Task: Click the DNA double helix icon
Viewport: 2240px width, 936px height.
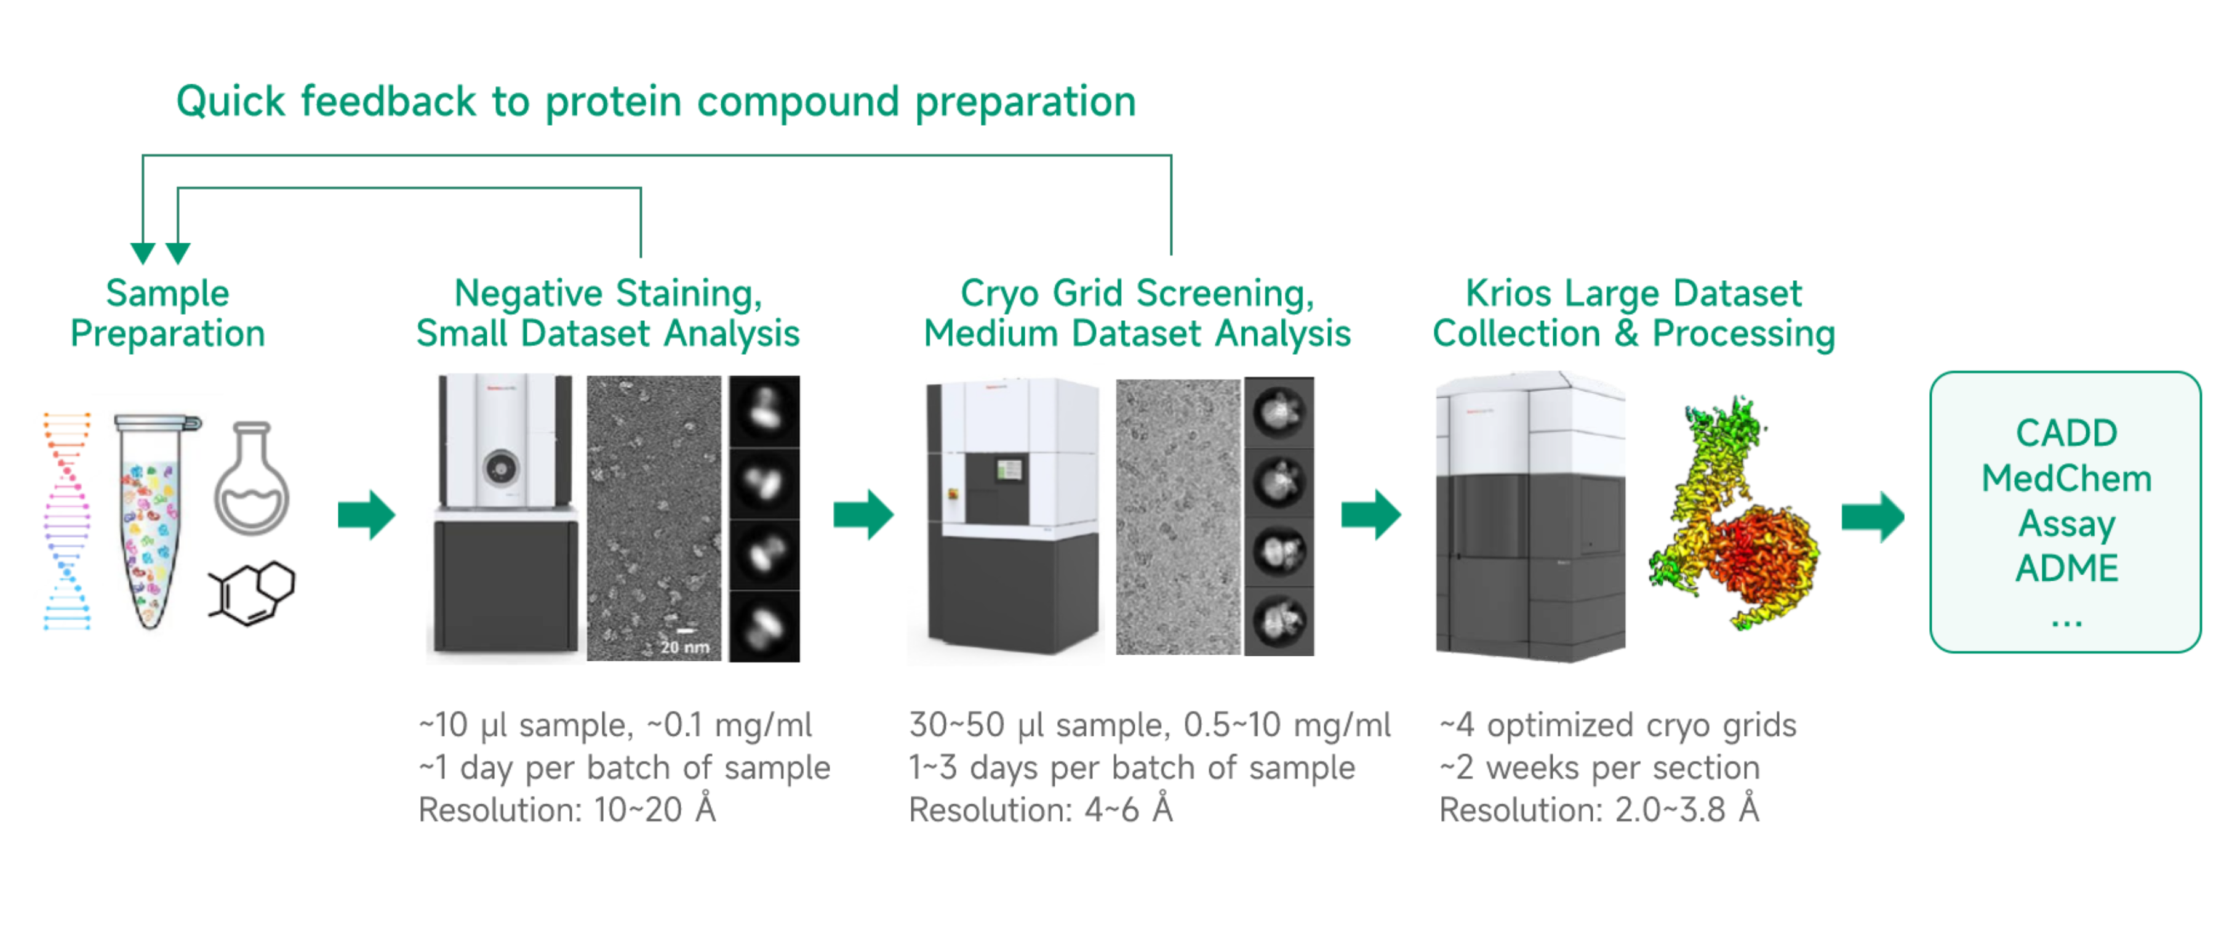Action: click(x=67, y=521)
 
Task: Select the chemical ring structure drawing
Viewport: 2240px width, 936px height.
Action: click(x=252, y=592)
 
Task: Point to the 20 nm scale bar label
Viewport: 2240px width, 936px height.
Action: click(x=684, y=647)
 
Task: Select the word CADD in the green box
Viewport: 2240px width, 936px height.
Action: click(x=2066, y=433)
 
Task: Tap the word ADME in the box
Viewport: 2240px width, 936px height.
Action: click(x=2066, y=568)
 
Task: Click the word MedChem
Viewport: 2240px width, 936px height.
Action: click(x=2066, y=478)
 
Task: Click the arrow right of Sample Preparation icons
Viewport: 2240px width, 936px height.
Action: click(x=366, y=515)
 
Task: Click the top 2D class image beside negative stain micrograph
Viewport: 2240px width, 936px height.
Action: click(x=764, y=411)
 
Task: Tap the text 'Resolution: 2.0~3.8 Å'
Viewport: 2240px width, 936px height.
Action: click(x=1599, y=810)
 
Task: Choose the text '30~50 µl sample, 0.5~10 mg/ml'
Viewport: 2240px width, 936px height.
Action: click(x=1150, y=725)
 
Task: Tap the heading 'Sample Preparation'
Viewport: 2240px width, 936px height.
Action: click(x=168, y=313)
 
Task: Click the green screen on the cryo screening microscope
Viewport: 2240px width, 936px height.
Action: click(x=1009, y=470)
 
